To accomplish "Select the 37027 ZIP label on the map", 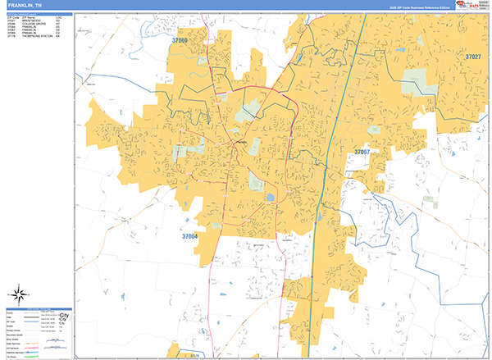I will (473, 57).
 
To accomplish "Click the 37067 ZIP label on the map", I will (362, 153).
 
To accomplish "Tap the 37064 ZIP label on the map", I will (189, 236).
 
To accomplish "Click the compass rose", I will (19, 293).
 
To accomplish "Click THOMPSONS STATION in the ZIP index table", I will (38, 35).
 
